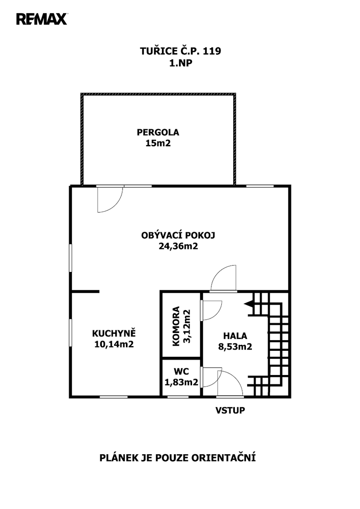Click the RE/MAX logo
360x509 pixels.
tap(42, 19)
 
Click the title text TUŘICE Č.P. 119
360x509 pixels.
tap(180, 51)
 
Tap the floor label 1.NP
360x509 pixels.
tap(181, 63)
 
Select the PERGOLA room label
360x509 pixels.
tap(158, 132)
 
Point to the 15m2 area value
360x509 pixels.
tap(158, 143)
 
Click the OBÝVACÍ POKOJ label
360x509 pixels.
tap(178, 235)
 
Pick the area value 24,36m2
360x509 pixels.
tap(178, 246)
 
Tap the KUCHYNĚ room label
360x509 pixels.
tap(114, 333)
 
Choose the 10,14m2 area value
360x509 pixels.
tap(114, 344)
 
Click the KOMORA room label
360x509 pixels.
tap(176, 326)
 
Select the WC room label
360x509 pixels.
tap(181, 372)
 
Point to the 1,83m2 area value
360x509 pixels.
tap(181, 383)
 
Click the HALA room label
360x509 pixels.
tap(235, 336)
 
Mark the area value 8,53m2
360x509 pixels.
tap(235, 347)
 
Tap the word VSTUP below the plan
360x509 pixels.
tap(230, 411)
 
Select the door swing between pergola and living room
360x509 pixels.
tap(110, 199)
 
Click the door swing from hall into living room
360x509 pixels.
tap(223, 278)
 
